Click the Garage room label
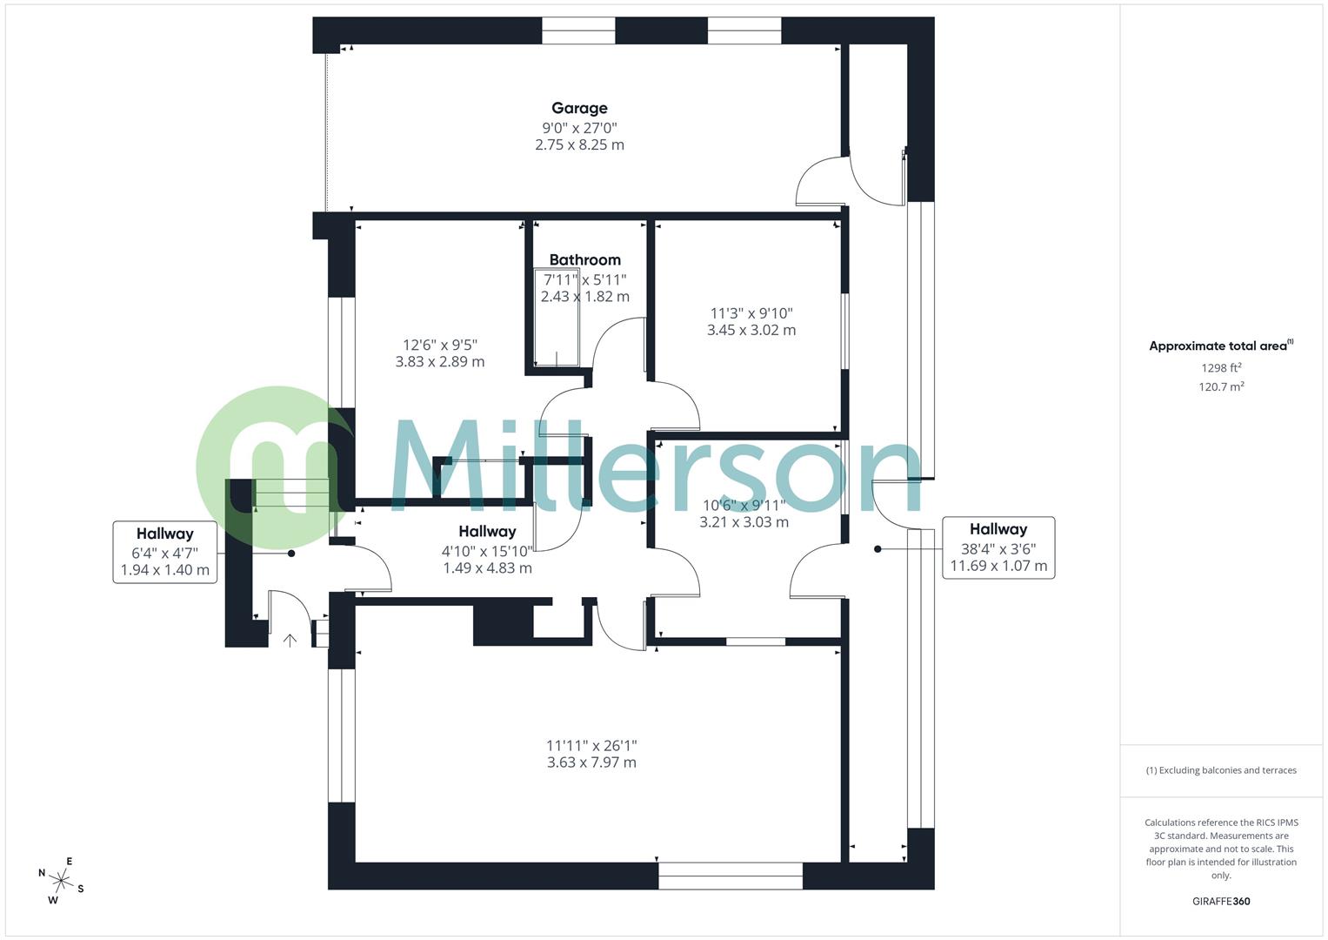click(x=579, y=108)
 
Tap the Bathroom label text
click(x=584, y=259)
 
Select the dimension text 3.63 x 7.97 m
click(x=591, y=762)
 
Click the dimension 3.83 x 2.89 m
click(x=440, y=361)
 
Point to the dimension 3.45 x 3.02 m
click(x=751, y=330)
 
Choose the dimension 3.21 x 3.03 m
click(x=744, y=522)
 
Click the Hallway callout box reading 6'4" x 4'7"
click(x=164, y=552)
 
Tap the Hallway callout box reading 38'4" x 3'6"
click(x=998, y=547)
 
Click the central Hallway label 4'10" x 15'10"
click(x=487, y=549)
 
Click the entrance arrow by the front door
click(x=290, y=641)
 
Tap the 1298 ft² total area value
click(x=1221, y=367)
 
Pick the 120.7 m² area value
click(x=1221, y=386)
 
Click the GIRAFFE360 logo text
click(x=1221, y=901)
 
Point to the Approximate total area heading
click(x=1219, y=346)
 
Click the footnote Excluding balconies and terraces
click(x=1221, y=770)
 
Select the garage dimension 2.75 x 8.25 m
click(x=579, y=144)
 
